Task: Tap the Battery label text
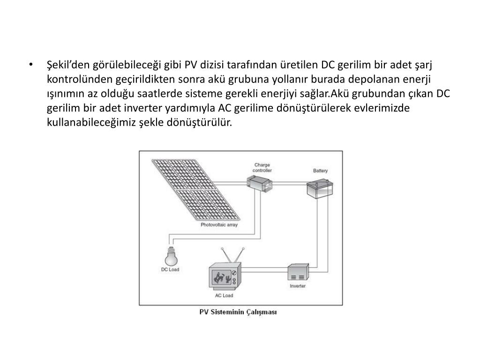tap(320, 171)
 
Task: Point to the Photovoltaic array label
tap(219, 225)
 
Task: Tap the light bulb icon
tap(170, 256)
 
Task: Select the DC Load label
tap(170, 270)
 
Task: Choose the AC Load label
tap(224, 296)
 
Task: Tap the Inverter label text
tap(298, 285)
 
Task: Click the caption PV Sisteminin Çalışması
tap(238, 312)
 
